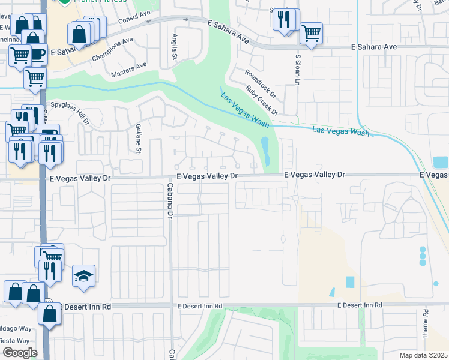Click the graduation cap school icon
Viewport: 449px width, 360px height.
(84, 275)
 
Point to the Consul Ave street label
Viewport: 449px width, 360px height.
(124, 26)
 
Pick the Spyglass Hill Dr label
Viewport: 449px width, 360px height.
(70, 112)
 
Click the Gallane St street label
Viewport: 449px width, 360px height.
(138, 139)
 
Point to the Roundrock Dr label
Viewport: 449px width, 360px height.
(260, 83)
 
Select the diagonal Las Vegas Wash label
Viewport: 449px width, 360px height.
(244, 110)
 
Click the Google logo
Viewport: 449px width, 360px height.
(20, 353)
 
